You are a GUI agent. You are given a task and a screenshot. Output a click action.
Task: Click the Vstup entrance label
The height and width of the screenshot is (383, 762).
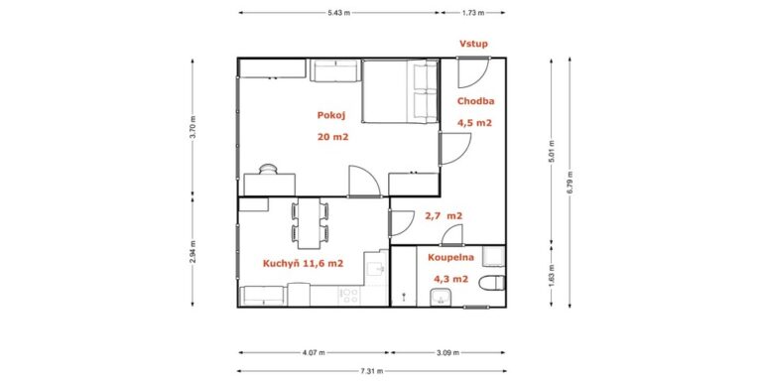pos(474,44)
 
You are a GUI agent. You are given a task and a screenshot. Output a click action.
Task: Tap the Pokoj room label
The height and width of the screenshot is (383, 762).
pos(331,115)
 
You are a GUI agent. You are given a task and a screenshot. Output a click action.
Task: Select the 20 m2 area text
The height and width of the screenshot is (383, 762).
pos(333,137)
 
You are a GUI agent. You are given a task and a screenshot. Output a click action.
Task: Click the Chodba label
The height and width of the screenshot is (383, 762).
pos(476,101)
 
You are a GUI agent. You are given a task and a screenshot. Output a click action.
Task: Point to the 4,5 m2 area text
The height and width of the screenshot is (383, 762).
pos(474,123)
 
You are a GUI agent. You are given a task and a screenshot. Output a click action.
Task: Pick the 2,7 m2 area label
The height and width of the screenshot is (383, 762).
pos(444,215)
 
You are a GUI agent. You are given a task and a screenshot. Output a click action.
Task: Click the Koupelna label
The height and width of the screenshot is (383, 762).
pos(451,258)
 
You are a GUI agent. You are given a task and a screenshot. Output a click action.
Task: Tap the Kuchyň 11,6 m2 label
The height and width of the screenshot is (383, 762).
pos(304,263)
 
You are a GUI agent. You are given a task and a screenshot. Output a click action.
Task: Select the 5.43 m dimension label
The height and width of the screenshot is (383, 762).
pos(338,13)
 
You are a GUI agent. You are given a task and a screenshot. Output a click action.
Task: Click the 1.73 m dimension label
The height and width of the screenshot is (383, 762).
pos(473,13)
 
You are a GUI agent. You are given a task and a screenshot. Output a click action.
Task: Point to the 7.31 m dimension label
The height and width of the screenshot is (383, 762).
pos(372,371)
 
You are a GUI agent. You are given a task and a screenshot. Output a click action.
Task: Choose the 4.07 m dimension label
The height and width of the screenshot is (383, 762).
pos(314,353)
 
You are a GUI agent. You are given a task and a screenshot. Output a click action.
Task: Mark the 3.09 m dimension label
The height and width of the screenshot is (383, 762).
pos(447,353)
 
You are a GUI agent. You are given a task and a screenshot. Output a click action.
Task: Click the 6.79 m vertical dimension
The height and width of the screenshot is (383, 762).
pos(570,183)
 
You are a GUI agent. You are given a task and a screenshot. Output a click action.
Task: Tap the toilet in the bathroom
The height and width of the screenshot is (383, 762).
pos(492,283)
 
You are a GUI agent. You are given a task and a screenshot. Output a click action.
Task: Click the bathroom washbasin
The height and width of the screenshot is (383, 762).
pos(441,296)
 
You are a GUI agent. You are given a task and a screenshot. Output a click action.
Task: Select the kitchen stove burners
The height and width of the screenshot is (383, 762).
pos(350,296)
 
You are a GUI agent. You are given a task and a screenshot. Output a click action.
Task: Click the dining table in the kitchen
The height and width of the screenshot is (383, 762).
pos(310,223)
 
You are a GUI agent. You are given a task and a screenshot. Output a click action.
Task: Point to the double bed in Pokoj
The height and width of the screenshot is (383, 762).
pos(400,91)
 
